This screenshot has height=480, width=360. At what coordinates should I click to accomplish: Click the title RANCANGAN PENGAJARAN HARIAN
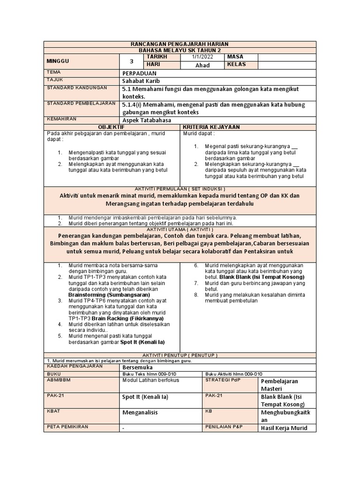pos(180,44)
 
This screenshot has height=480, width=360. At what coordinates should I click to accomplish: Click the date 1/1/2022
pos(202,57)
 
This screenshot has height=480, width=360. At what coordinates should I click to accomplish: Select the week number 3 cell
pos(131,61)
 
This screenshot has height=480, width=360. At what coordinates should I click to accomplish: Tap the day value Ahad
pos(202,65)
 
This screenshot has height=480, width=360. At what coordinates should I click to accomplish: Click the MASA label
pos(235,57)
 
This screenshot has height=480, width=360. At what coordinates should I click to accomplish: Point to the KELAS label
pos(237,65)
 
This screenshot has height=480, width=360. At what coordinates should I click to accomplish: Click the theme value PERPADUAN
pos(139,73)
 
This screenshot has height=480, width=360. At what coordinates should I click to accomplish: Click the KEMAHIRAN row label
pos(61,120)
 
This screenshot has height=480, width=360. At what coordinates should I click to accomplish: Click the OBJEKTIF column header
pos(111,127)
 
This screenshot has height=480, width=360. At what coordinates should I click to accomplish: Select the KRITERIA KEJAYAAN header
pos(211,127)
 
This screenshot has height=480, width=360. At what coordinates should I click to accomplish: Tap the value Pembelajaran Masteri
pos(279,385)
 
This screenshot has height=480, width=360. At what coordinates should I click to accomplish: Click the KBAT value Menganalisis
pos(140,412)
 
